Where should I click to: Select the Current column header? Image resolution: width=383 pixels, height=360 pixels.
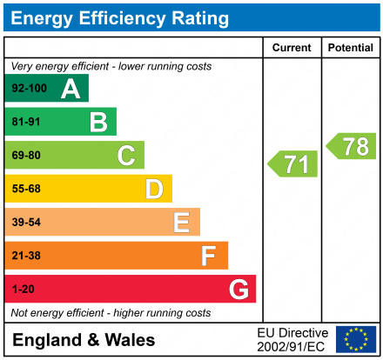(292, 48)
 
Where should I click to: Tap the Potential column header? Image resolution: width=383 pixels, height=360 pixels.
(350, 48)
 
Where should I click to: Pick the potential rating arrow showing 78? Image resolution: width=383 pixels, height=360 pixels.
(352, 146)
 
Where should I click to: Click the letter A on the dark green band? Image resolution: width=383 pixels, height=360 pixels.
(71, 89)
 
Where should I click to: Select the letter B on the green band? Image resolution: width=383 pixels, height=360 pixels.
(98, 122)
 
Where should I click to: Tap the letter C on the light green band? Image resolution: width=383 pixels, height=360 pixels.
(126, 156)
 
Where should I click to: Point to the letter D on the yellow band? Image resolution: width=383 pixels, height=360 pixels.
(154, 189)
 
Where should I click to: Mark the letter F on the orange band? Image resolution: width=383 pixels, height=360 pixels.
(209, 256)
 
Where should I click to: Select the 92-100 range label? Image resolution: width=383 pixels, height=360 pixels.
(28, 89)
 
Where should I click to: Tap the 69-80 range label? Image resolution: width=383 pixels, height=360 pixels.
(26, 156)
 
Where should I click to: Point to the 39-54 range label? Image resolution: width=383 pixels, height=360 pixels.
(26, 223)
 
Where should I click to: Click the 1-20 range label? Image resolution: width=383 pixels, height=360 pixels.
(23, 290)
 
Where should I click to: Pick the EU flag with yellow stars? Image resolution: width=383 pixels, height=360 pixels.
(356, 339)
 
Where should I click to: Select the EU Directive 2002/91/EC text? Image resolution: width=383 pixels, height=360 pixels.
(292, 340)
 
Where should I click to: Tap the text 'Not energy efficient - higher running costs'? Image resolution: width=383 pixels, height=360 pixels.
(111, 312)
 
